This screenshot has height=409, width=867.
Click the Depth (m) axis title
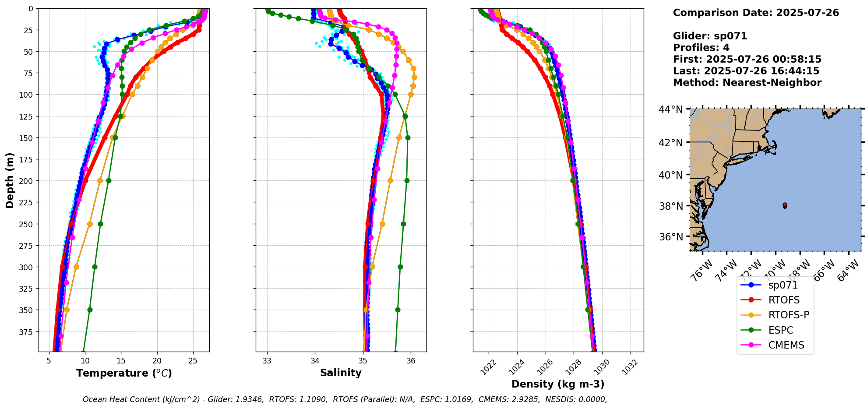pos(10,180)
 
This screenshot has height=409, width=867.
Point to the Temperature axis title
pos(124,374)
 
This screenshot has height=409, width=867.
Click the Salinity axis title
pos(341,373)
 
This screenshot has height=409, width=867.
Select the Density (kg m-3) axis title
pos(558,384)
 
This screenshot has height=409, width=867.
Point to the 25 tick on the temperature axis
pos(193,361)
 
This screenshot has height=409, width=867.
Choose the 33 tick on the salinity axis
pos(267,361)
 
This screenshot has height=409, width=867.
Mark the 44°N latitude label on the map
pos(670,109)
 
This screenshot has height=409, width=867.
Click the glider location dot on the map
pos(785,205)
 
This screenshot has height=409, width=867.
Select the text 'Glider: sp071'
pos(710,36)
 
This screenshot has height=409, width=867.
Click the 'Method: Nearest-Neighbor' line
pos(747,83)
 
